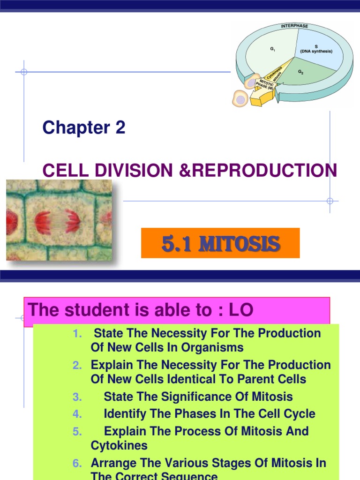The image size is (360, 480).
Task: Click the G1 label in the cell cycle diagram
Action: click(272, 49)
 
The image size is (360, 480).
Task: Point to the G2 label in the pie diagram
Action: click(301, 72)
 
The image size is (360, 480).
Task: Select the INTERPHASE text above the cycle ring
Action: click(294, 25)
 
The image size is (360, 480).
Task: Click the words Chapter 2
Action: click(84, 127)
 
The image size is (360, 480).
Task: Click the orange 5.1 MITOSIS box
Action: click(220, 243)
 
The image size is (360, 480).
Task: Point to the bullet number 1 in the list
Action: click(77, 334)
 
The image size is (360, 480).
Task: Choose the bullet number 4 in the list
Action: click(77, 414)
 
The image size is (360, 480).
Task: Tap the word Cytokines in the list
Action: click(119, 445)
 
